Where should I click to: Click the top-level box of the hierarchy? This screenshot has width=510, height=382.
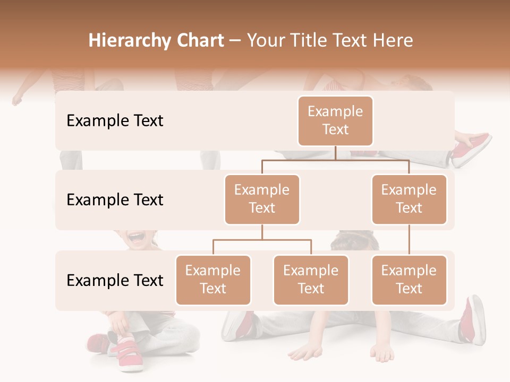coord(335,121)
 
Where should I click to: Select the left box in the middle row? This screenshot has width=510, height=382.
coord(262,199)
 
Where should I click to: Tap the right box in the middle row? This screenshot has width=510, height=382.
coord(409,199)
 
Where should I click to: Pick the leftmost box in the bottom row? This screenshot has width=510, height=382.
coord(213,280)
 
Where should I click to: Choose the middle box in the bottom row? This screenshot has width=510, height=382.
coord(311,280)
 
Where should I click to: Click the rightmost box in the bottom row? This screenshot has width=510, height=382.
coord(409,280)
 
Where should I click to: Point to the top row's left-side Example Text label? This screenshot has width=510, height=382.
coord(115,121)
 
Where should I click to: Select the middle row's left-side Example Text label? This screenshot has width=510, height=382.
coord(115,200)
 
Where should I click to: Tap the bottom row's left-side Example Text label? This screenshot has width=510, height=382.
coord(115,281)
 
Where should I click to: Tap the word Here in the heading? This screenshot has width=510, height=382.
coord(394,41)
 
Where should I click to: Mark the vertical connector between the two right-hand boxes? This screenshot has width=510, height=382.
coord(409,240)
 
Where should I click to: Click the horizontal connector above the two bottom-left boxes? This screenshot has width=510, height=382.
coord(262,240)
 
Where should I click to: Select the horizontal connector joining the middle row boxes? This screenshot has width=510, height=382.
coord(335,160)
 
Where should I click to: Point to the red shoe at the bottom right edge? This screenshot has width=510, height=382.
coord(472,319)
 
